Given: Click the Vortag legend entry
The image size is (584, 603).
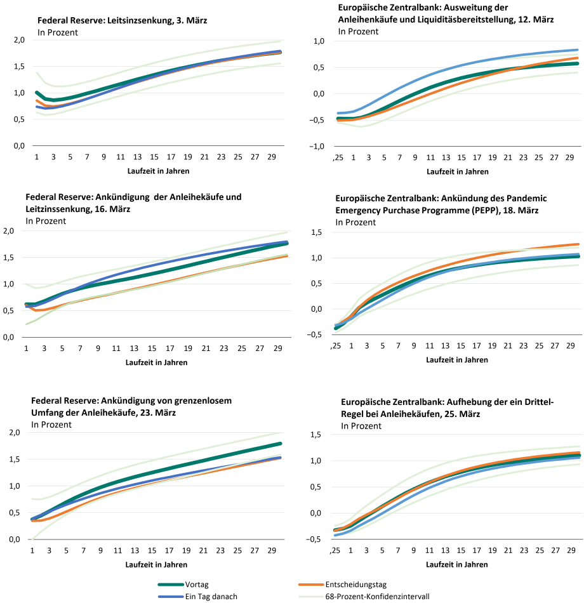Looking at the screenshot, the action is coord(183,585).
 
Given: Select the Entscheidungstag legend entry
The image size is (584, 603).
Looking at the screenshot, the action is coord(342,585).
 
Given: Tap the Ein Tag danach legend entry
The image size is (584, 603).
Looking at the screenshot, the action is coord(197,597).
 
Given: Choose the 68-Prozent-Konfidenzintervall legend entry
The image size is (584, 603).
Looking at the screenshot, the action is coord(364,597).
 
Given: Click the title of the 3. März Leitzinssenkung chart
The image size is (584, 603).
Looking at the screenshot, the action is coord(123,20).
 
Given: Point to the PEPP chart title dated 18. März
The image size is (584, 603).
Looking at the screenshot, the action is coord(441,204).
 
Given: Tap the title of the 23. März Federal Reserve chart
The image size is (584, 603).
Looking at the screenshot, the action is coord(131,406).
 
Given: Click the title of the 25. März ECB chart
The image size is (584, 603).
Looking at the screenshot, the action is coord(447,408).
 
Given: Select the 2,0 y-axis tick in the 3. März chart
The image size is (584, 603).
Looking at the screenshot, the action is coord(19,40).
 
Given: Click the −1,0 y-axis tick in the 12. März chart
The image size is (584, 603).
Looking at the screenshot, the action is coord(317,146).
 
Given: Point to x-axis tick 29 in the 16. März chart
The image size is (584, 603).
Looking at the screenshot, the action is coord(278,348).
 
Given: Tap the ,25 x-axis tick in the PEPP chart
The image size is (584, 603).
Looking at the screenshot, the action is coord(336,346).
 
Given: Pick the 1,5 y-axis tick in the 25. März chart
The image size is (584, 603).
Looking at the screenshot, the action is coord(316,435).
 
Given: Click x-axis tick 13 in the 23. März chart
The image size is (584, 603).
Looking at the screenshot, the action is coord(135,551).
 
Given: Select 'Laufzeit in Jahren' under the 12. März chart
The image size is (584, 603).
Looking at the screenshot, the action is coord(458,171).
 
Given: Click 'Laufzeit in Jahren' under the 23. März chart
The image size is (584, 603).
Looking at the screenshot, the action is coord(156,564).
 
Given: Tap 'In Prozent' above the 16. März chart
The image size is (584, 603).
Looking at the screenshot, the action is coord(46,221).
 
